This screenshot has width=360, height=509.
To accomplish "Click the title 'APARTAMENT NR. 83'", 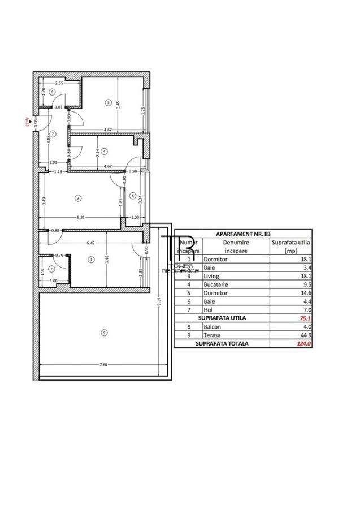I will [244, 233].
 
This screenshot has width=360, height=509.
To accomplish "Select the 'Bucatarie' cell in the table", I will [215, 286].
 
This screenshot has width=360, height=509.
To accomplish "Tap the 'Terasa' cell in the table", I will [213, 334].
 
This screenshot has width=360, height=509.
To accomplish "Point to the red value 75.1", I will [305, 318].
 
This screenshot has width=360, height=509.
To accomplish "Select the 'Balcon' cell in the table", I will [213, 326].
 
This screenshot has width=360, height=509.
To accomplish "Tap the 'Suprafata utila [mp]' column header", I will [292, 246].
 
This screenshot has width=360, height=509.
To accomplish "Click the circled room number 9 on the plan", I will [102, 333].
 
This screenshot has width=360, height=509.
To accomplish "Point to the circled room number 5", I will [107, 102].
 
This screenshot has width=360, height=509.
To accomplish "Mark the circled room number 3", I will [77, 197].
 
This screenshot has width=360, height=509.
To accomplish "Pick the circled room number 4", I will [104, 151].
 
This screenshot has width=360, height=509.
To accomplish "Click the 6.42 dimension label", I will [90, 243].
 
